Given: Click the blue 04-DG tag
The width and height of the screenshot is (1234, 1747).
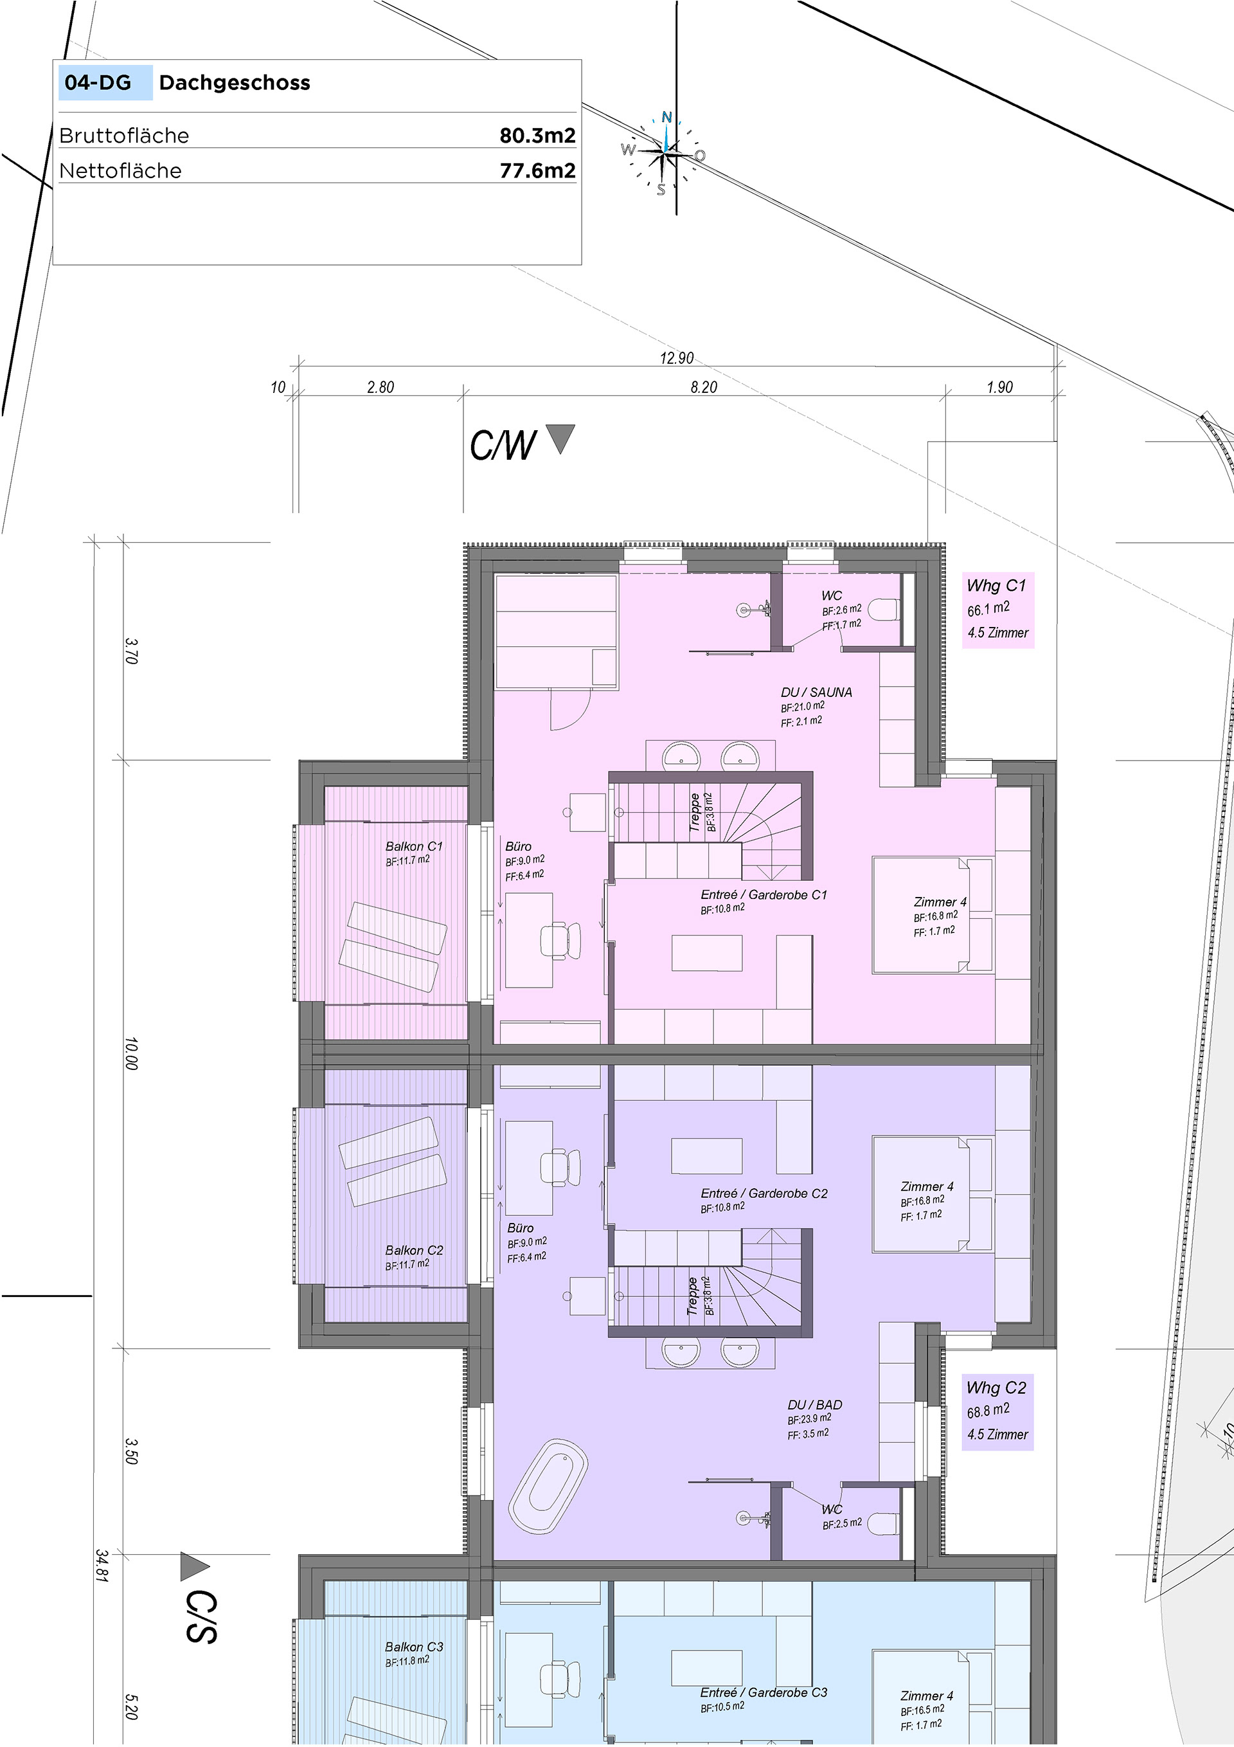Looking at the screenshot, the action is coord(105,83).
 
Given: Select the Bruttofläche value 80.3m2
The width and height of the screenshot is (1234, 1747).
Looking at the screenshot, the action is coord(537,136).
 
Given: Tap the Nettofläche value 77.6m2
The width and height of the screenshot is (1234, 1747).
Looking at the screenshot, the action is coord(537,170).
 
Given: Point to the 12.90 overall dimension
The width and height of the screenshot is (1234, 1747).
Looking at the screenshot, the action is coord(676,358).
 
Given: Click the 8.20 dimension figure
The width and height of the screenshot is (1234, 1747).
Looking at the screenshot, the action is coord(704,387).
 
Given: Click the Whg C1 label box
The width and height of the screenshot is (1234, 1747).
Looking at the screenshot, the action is coord(998,610).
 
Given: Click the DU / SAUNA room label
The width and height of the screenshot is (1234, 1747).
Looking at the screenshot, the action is coord(816,692).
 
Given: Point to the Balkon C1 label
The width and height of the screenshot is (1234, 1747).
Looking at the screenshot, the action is coord(414,846).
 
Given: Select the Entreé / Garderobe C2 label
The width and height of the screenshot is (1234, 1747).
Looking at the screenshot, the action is coord(764,1193).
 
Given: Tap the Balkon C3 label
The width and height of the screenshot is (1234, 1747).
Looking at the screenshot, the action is coord(414,1647).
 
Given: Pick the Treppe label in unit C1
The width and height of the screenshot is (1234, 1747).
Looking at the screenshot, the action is coord(695,813).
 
